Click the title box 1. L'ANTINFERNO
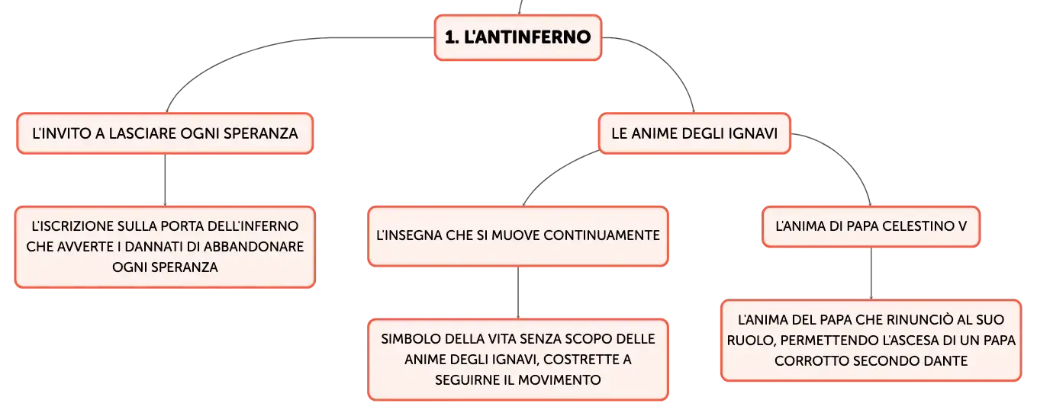pyautogui.click(x=518, y=37)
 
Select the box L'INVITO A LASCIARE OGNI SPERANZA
pyautogui.click(x=166, y=133)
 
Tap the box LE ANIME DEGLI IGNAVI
pyautogui.click(x=694, y=133)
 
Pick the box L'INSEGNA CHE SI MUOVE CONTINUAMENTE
pyautogui.click(x=518, y=236)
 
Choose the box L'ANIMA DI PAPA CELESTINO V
pyautogui.click(x=871, y=226)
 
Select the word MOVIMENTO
pyautogui.click(x=559, y=380)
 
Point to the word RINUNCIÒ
pyautogui.click(x=916, y=319)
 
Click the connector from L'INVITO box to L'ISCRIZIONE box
pyautogui.click(x=166, y=180)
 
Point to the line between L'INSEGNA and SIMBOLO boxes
pyautogui.click(x=518, y=293)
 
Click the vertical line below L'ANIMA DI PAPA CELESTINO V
pyautogui.click(x=871, y=274)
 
